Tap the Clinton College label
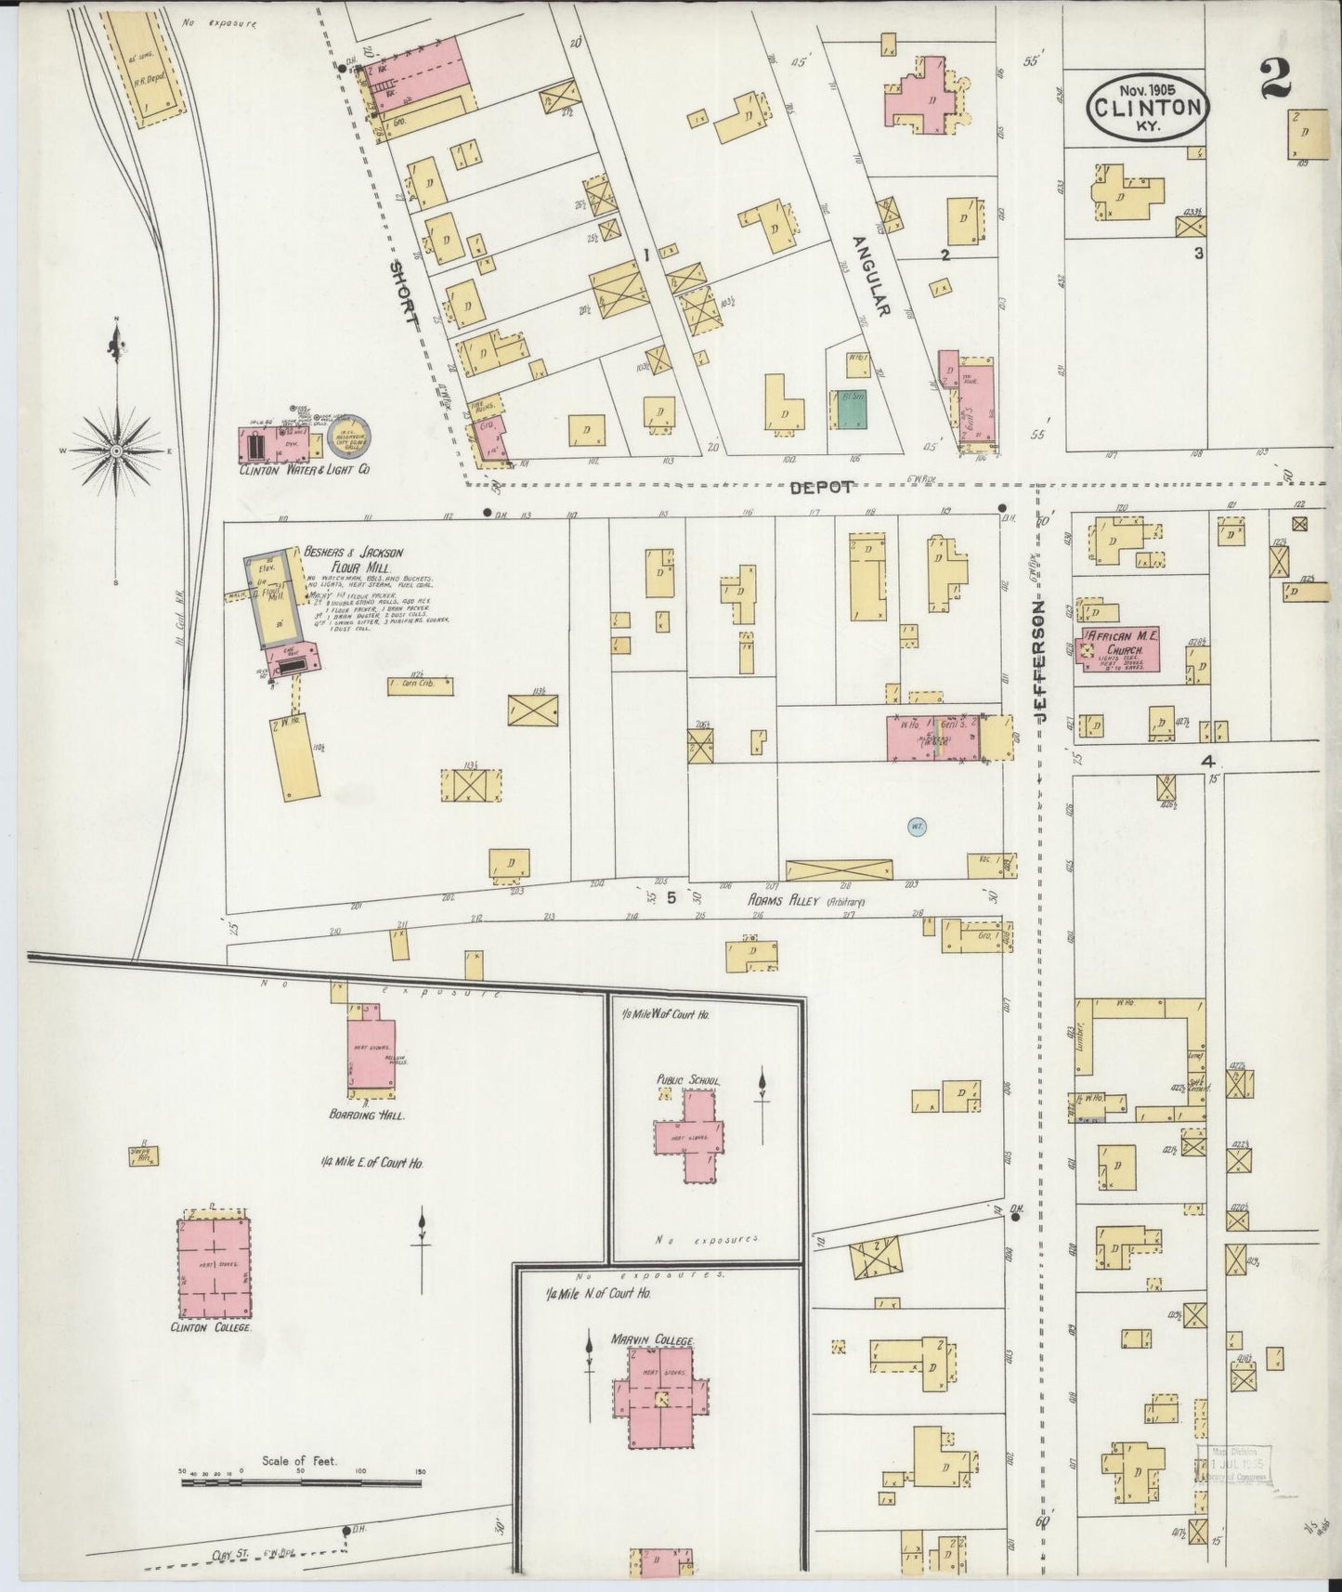point(213,1328)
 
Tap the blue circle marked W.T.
point(916,825)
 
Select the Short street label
point(401,293)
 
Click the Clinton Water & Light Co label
point(305,471)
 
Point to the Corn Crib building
point(421,685)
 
